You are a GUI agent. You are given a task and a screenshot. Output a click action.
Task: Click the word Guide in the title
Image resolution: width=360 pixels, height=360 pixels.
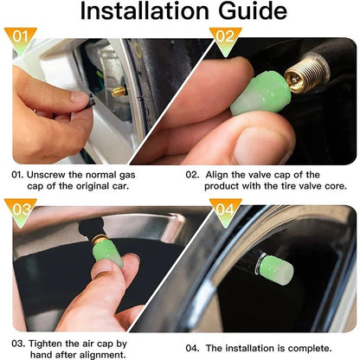coord(252,12)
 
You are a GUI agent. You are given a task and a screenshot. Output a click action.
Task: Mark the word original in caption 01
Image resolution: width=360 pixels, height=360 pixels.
coord(83,185)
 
